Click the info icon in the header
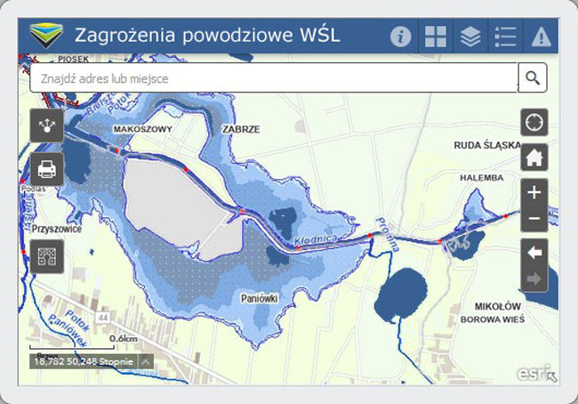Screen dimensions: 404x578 [401, 36]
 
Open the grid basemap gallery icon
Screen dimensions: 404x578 [436, 36]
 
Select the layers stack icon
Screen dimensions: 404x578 [470, 36]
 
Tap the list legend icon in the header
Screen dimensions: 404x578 [505, 36]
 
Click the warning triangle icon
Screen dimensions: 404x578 [541, 36]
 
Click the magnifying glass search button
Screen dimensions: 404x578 [533, 78]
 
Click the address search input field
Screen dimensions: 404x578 [271, 78]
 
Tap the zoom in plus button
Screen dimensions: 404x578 [534, 191]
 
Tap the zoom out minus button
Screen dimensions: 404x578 [534, 219]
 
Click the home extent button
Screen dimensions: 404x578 [534, 158]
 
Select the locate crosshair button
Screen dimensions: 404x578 [534, 122]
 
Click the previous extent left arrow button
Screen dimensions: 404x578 [534, 253]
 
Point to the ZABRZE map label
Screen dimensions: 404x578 [242, 129]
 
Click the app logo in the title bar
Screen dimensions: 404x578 [45, 36]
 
